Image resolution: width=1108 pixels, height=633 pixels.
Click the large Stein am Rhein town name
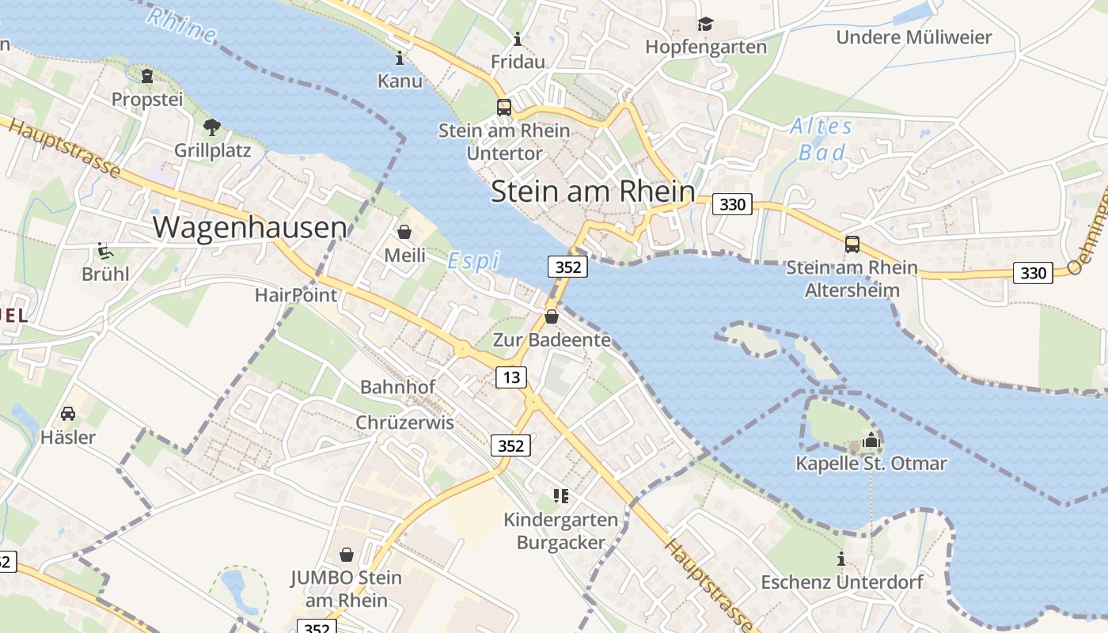tap(593, 192)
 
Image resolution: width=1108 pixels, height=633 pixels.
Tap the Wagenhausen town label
tap(249, 227)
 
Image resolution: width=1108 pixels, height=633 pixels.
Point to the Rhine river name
tap(181, 25)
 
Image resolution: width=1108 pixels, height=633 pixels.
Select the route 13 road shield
tap(511, 377)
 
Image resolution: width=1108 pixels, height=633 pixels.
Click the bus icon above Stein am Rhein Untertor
tap(503, 108)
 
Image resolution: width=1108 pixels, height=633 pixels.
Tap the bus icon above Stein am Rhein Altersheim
tap(852, 244)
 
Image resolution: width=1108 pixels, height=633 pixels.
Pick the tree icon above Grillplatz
tap(212, 127)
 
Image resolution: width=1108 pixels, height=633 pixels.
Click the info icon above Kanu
tap(400, 58)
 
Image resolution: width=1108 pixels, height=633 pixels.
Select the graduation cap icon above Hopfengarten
tap(705, 25)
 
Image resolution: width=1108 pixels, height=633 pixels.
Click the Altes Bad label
tap(822, 138)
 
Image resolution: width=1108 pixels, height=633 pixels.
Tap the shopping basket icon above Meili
tap(404, 232)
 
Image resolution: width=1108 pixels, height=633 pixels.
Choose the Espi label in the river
tap(473, 260)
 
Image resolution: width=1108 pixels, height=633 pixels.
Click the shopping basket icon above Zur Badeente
tap(552, 317)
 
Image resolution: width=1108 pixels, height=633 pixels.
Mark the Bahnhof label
tap(397, 387)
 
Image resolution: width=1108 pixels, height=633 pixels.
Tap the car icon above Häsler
tap(68, 414)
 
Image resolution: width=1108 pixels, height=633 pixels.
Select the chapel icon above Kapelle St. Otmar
tap(871, 440)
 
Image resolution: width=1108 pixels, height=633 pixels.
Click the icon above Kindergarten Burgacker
tap(561, 496)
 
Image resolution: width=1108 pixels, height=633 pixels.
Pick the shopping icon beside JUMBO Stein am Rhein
tap(346, 555)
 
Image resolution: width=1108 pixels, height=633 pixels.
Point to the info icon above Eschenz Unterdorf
tap(841, 559)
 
